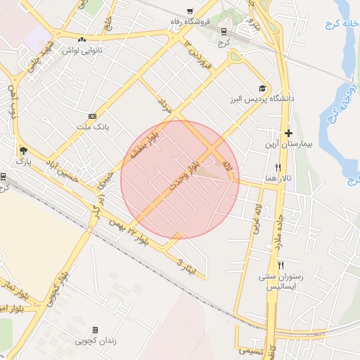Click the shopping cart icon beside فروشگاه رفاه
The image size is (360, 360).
(x=190, y=11)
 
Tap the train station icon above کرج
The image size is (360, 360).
(x=224, y=32)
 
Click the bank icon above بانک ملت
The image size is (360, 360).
(x=92, y=116)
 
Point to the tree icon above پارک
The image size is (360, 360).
(x=25, y=150)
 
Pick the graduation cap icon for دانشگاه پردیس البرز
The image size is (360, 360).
(x=262, y=89)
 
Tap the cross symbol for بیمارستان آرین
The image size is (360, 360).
(x=288, y=133)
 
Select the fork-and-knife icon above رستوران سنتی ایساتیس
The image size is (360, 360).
(x=281, y=265)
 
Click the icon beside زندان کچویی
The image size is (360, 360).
(x=95, y=330)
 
